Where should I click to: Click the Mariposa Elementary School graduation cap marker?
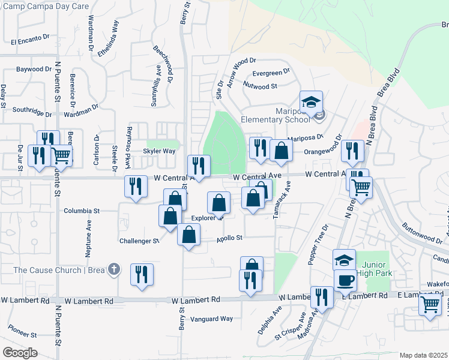tap(312, 103)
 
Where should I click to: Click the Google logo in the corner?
tap(20, 353)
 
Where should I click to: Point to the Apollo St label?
tap(229, 238)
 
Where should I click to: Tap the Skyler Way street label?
tap(159, 151)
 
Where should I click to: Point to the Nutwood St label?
tap(260, 86)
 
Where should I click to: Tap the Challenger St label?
tap(139, 241)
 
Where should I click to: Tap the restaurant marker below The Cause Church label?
tap(142, 275)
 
